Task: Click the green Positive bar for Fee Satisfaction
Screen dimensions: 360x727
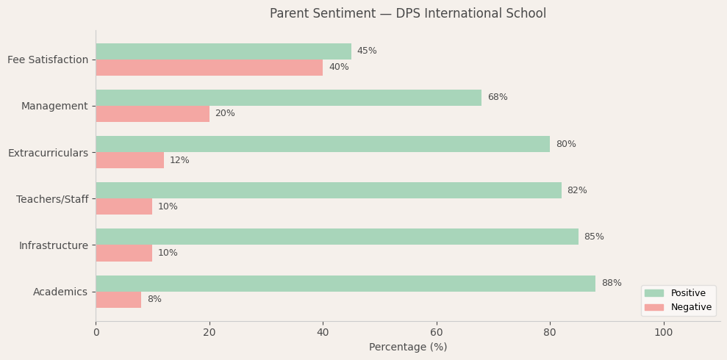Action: (223, 51)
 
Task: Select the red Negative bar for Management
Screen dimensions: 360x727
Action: (152, 114)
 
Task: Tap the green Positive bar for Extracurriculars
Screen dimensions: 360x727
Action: (323, 144)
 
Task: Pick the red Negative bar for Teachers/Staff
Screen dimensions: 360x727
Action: (123, 206)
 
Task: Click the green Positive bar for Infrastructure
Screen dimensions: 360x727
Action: (337, 237)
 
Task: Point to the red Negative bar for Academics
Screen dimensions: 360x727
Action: (118, 300)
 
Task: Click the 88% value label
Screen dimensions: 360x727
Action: (612, 284)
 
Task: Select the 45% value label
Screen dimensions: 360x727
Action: (367, 51)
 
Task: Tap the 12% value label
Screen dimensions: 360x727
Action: (179, 160)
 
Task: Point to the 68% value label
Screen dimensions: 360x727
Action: (498, 98)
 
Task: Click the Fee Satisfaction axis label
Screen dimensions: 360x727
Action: (48, 60)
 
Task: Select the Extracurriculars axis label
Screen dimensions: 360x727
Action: (48, 153)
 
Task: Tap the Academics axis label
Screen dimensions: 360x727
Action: (60, 292)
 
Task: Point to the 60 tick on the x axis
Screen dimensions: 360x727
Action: (437, 333)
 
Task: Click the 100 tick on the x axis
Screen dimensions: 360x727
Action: (664, 333)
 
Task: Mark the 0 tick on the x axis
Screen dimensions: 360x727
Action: (96, 333)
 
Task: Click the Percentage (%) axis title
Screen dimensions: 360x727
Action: (408, 348)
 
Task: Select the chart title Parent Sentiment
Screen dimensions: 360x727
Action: (408, 14)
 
